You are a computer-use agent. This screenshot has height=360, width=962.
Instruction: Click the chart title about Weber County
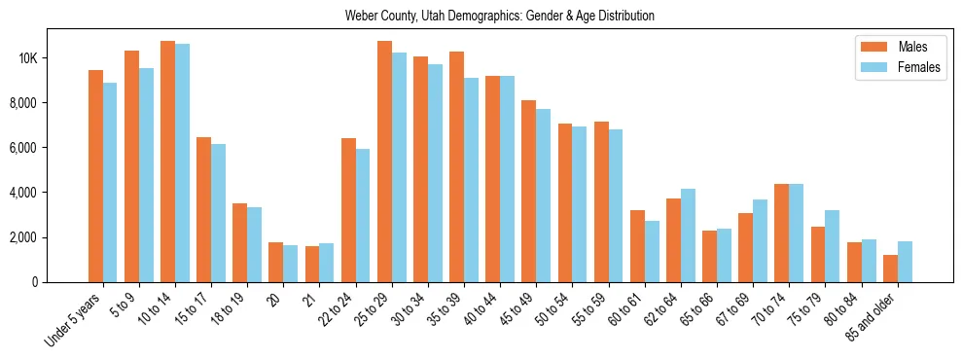[500, 17]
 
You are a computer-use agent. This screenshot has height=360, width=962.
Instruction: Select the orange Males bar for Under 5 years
[95, 176]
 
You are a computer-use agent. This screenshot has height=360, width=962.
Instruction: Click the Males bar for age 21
[312, 264]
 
